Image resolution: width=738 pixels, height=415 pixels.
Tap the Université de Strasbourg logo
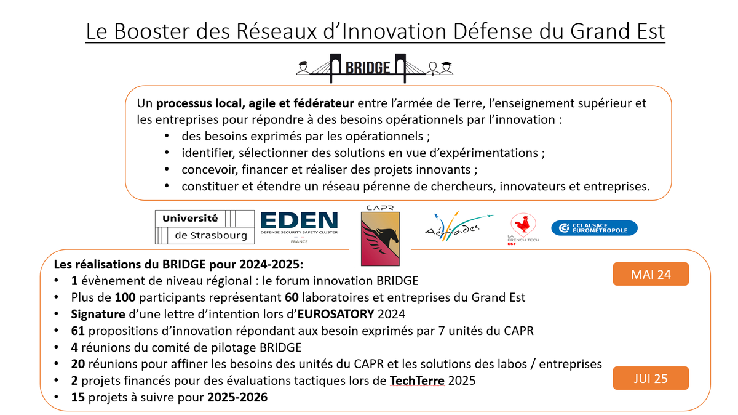point(204,227)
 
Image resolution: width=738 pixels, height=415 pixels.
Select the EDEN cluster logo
point(299,226)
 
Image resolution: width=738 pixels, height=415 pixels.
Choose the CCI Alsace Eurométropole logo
point(594,228)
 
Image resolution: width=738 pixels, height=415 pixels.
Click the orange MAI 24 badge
point(651,275)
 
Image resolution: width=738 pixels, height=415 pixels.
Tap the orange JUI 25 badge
point(651,378)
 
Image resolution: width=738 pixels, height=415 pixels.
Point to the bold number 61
point(77,331)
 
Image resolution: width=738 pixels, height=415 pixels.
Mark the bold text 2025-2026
point(237,397)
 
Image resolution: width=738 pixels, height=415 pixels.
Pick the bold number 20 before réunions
point(77,364)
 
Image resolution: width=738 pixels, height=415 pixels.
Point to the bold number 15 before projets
point(77,397)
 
